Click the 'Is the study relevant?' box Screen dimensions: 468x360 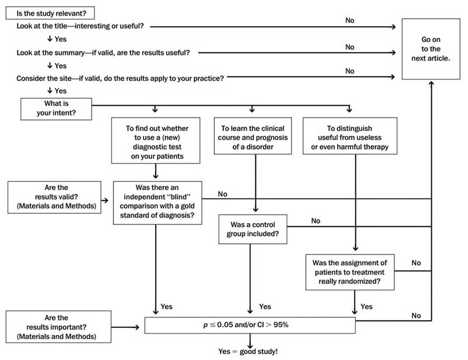(50, 13)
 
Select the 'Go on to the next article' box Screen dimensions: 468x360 (431, 49)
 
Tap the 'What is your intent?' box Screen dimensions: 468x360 (56, 109)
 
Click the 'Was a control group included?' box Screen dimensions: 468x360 (253, 229)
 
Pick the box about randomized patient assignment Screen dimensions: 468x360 (350, 272)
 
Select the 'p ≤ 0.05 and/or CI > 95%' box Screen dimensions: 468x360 (250, 325)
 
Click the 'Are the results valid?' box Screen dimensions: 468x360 (54, 197)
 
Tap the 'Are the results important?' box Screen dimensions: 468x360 (58, 327)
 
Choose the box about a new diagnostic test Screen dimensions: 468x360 (156, 140)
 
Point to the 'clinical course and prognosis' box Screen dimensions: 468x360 (253, 136)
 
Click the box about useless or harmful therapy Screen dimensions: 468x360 (350, 136)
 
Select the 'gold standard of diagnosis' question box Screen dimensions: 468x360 (157, 203)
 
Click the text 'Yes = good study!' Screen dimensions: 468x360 (247, 351)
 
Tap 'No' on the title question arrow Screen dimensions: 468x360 (349, 20)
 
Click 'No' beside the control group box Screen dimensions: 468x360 (315, 221)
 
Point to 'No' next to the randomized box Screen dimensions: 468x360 (416, 263)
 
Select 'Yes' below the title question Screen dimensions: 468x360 (61, 39)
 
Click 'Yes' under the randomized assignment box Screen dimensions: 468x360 (366, 307)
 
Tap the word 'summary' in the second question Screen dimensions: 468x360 (71, 53)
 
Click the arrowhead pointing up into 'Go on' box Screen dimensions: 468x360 (431, 83)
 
